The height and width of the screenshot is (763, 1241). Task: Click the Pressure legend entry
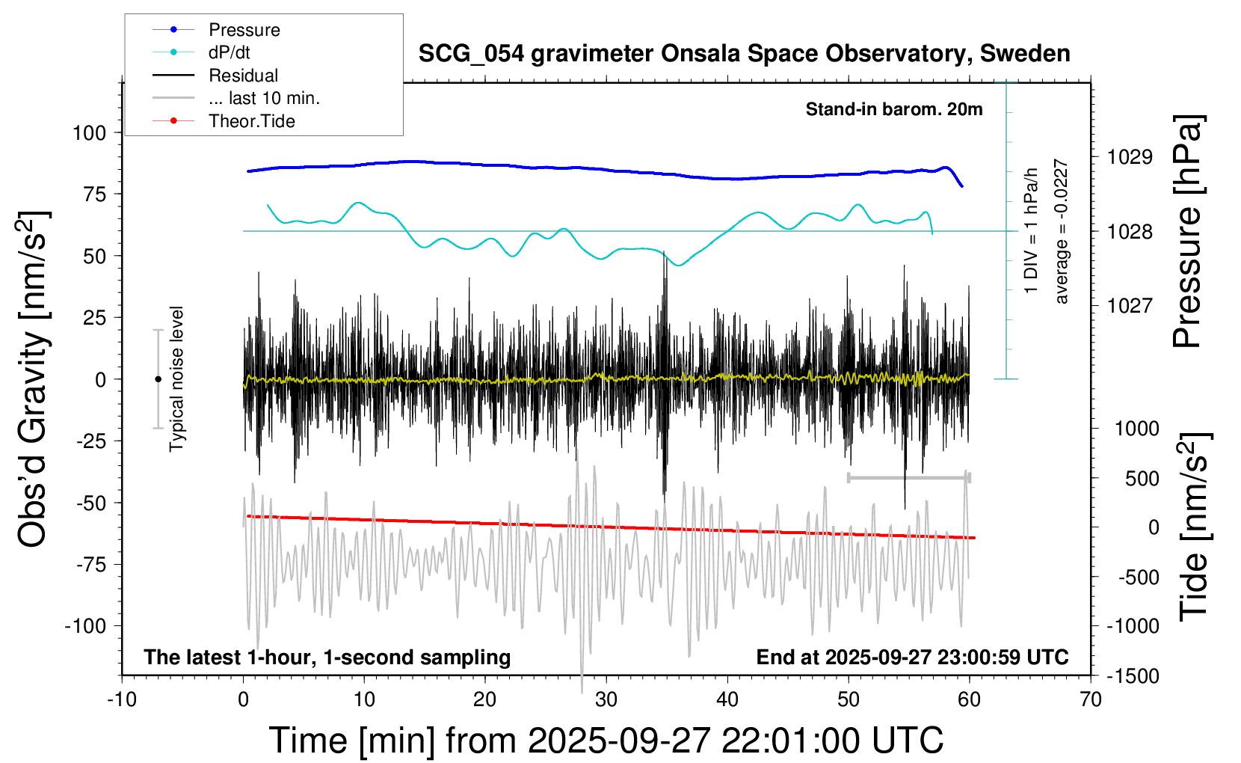(x=244, y=30)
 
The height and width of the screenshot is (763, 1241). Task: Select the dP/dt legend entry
(x=229, y=52)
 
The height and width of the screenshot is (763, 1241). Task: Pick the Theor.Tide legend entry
(x=251, y=121)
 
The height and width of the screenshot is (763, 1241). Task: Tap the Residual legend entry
(x=243, y=76)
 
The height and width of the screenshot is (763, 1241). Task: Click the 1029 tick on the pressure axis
(x=1130, y=157)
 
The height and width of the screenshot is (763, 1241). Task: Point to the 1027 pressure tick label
(x=1130, y=305)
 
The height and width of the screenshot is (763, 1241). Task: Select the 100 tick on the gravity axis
(x=89, y=133)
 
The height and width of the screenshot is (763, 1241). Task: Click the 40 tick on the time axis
(x=727, y=700)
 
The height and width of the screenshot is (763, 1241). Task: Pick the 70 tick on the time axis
(x=1091, y=700)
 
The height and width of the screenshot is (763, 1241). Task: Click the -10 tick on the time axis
(x=122, y=700)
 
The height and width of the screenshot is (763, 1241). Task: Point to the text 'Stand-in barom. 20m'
(x=894, y=109)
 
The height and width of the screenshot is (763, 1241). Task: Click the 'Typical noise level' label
(x=176, y=379)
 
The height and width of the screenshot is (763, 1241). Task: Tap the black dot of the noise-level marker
(x=158, y=379)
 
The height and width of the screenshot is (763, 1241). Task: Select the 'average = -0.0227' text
(x=1062, y=231)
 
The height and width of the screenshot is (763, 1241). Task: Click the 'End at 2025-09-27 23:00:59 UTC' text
(x=912, y=658)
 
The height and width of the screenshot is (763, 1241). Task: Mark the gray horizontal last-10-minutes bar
(x=908, y=477)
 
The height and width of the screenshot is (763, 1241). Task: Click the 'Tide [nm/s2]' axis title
(x=1194, y=527)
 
